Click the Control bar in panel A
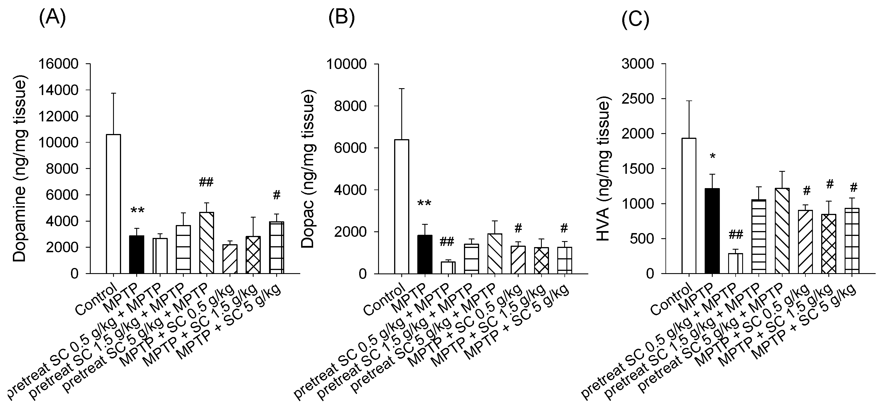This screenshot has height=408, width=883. pos(113,204)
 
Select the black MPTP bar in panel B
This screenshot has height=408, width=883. pos(425,254)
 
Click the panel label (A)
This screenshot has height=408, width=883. pos(52,18)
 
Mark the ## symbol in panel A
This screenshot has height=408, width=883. pos(206,182)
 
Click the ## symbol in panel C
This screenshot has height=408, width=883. pos(736,234)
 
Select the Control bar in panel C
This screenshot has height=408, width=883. pos(689,206)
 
